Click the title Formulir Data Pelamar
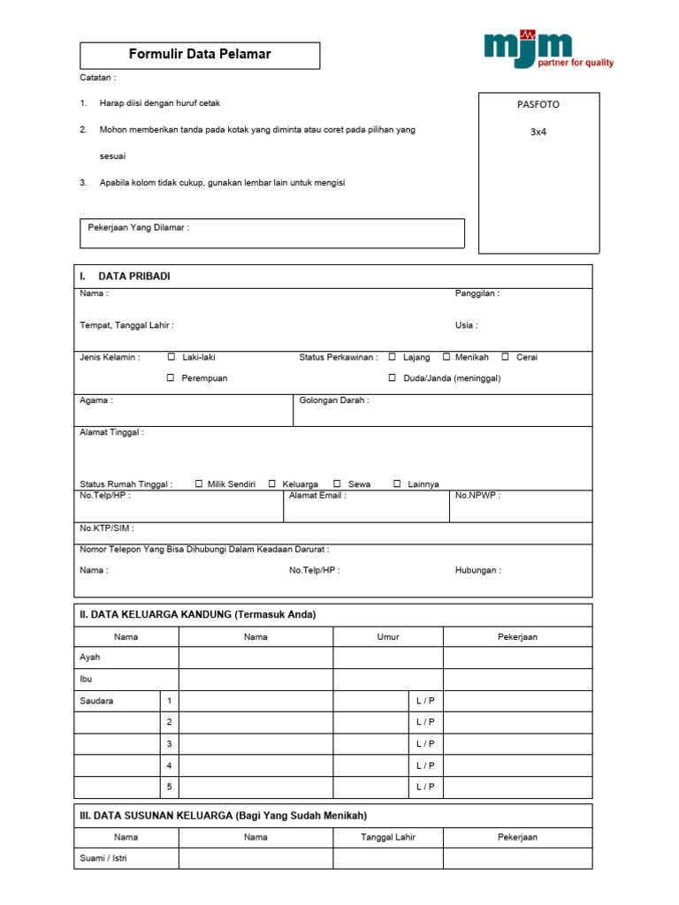200,55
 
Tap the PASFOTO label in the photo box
538,104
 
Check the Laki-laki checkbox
172,357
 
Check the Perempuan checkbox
172,378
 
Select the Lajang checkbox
392,357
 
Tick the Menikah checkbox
446,357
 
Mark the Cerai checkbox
505,357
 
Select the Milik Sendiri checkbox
199,483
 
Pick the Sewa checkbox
337,483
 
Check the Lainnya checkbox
397,483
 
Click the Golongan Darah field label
334,400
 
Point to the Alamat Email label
317,496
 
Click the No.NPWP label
477,496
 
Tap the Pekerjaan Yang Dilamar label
139,228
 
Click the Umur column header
388,636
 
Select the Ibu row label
86,679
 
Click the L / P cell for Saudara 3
425,744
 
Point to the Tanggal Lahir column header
388,837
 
